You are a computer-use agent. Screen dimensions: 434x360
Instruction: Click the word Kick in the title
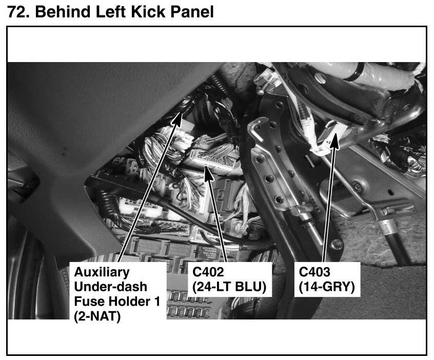pos(148,12)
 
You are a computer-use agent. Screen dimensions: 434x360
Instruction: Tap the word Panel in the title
pos(192,12)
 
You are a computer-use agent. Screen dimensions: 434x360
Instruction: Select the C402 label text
pos(208,272)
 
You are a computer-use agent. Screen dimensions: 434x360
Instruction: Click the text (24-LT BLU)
pos(229,287)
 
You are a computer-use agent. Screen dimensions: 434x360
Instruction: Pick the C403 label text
pos(314,272)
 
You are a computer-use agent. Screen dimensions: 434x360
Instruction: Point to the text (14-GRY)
pos(327,287)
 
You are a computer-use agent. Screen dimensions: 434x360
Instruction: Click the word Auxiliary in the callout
pos(102,272)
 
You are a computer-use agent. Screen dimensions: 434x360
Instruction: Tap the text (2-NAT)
pos(97,316)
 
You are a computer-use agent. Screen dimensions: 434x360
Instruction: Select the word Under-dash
pos(110,287)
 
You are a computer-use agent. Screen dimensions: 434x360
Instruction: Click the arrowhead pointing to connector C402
pos(208,172)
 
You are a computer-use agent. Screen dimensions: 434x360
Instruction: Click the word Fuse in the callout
pos(89,302)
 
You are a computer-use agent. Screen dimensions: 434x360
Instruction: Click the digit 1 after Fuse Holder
pos(156,302)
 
